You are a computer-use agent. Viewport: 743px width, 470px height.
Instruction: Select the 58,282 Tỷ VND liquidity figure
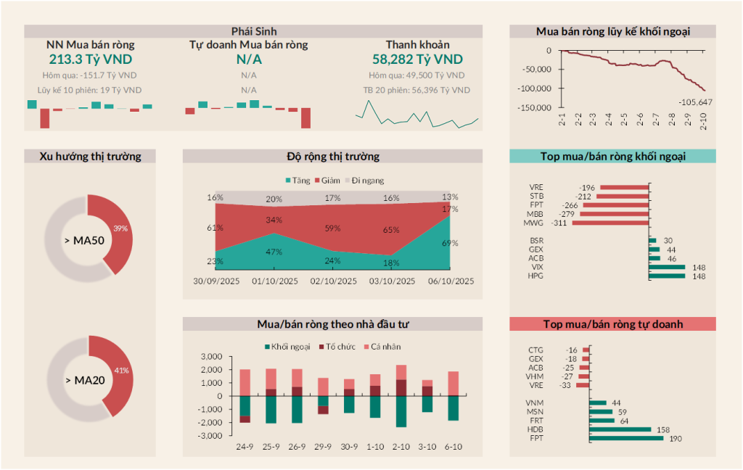coord(417,59)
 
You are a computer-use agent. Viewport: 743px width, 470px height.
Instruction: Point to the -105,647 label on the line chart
coord(695,102)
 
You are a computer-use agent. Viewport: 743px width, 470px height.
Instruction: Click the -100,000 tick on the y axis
coord(535,88)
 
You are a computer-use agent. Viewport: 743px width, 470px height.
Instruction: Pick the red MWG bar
coord(609,223)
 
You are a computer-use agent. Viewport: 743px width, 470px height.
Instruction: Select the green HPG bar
coord(667,276)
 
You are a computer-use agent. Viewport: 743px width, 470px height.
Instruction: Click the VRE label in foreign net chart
coord(536,187)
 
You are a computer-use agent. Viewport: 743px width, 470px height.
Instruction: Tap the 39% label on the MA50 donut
coord(120,228)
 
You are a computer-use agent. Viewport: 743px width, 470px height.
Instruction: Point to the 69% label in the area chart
coord(450,243)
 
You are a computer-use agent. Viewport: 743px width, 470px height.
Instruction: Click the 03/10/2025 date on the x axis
coord(392,281)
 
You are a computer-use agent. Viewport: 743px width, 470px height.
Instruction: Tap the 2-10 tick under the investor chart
coord(401,446)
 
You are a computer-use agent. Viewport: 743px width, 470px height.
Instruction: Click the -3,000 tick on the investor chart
coord(210,436)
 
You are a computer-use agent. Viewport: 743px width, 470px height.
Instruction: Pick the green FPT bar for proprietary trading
coord(626,438)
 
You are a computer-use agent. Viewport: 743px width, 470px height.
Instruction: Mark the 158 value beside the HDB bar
coord(663,429)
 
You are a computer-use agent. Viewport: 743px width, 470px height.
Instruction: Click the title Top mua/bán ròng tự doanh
coord(612,324)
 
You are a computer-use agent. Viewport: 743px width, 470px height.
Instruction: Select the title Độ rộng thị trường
coord(332,156)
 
